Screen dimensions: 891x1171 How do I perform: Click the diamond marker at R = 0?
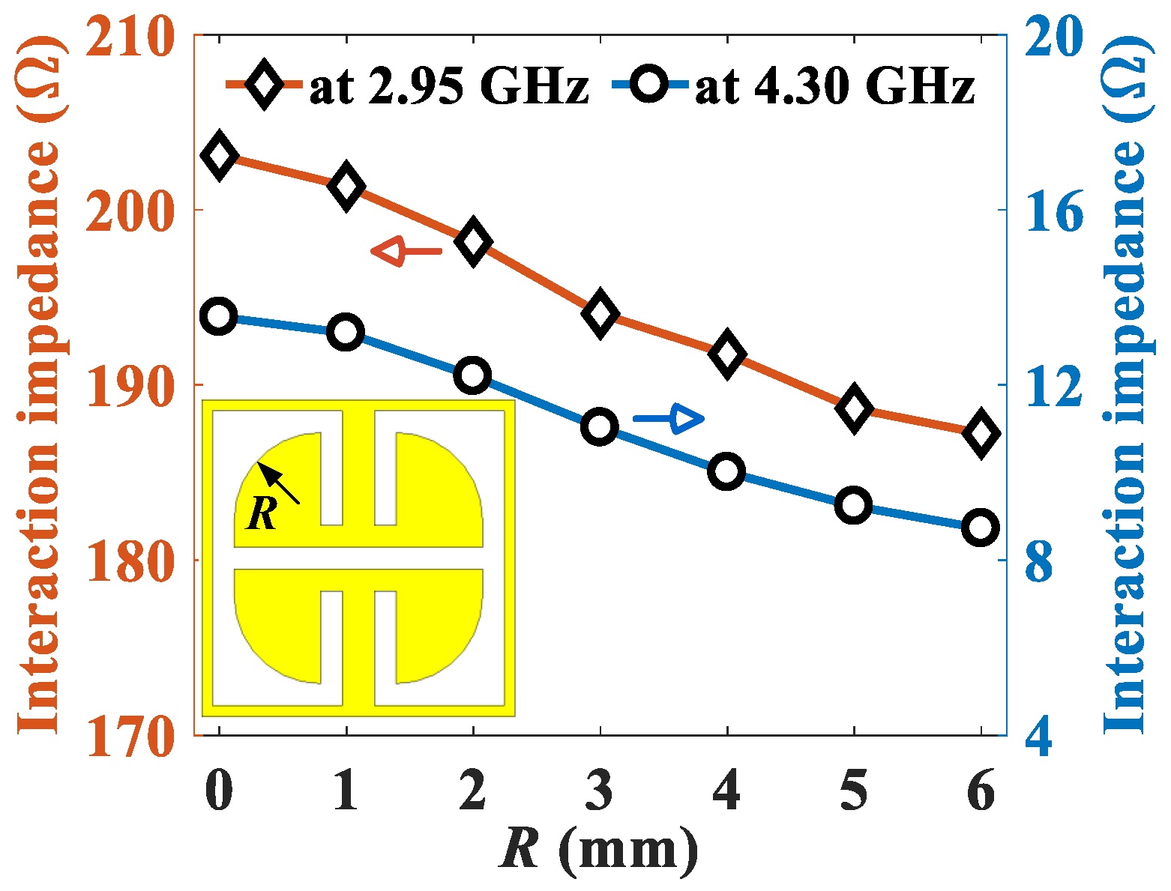click(218, 155)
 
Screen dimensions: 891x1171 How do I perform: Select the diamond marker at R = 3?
click(600, 314)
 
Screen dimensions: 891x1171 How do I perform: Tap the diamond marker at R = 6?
click(981, 433)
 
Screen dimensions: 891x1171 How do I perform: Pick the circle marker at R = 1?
click(346, 332)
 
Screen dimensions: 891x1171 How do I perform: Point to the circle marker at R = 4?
click(726, 471)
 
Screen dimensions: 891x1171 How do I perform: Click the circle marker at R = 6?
click(981, 528)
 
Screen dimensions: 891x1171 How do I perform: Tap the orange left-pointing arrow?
click(406, 251)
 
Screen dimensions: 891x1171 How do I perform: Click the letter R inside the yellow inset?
click(262, 514)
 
